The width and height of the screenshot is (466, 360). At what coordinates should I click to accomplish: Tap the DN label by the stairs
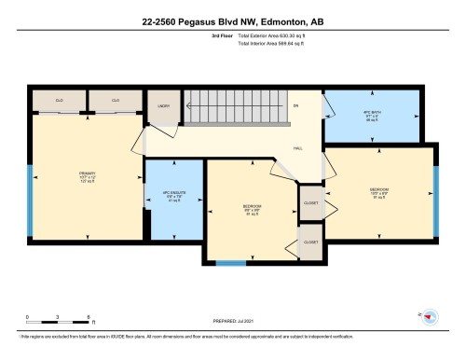pyautogui.click(x=295, y=105)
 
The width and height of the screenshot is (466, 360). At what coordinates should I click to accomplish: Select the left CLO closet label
pyautogui.click(x=58, y=100)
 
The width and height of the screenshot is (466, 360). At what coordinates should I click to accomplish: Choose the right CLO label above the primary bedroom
pyautogui.click(x=116, y=100)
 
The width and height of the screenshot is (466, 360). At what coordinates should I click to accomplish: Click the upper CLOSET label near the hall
pyautogui.click(x=311, y=202)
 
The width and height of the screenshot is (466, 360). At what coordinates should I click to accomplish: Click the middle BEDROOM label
pyautogui.click(x=252, y=207)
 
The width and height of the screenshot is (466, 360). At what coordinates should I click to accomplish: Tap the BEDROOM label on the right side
pyautogui.click(x=378, y=190)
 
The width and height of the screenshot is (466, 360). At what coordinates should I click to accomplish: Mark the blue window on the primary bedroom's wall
pyautogui.click(x=30, y=191)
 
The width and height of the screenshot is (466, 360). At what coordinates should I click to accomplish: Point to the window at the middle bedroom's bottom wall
pyautogui.click(x=246, y=262)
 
